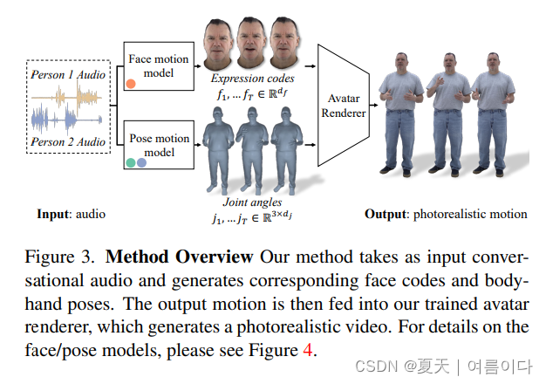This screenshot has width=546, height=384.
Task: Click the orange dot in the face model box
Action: (131, 84)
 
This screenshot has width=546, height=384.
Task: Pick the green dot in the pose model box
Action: (130, 162)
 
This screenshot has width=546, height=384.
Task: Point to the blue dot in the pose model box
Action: (141, 162)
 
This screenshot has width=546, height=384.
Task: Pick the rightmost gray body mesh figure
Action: (286, 151)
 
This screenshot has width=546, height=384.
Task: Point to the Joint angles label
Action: (249, 202)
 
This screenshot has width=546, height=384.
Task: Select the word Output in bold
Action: (386, 214)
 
